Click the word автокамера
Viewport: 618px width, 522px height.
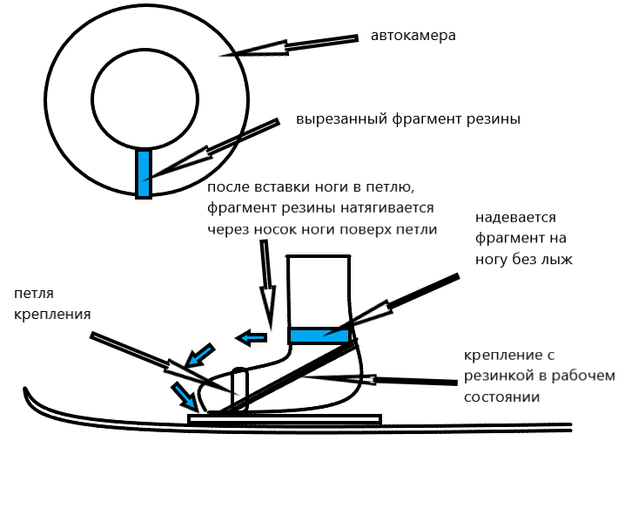(413, 37)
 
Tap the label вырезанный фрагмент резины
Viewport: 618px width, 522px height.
(407, 119)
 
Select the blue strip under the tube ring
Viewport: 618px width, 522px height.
(144, 173)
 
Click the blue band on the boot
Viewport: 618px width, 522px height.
(319, 336)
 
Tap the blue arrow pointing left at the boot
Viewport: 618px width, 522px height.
(253, 337)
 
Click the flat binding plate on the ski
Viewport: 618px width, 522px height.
(284, 419)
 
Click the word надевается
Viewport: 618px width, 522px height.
(516, 217)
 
